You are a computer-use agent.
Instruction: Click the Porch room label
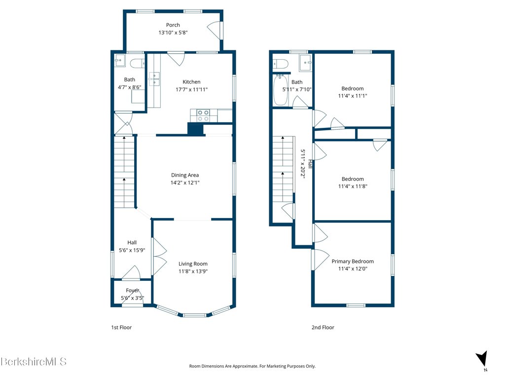point(173,25)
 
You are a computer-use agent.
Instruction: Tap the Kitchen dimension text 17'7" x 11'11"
point(192,89)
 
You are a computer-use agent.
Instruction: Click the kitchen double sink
point(154,79)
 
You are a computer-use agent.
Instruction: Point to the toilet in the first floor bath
point(137,64)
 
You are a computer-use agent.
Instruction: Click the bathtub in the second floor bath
point(281,90)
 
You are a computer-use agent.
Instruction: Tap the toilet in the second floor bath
point(280,64)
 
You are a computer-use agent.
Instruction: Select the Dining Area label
point(185,175)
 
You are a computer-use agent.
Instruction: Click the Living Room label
point(193,264)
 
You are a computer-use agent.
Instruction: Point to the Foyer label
point(132,290)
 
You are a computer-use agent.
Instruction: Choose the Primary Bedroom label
point(353,261)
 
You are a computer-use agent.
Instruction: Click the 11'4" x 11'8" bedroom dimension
point(353,186)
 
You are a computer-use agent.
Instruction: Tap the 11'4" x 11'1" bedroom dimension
point(353,95)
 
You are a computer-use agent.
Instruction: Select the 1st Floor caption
point(121,327)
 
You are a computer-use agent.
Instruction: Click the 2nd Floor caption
point(323,327)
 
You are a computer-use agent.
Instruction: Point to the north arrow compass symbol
point(482,359)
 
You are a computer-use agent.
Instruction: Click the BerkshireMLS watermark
point(34,361)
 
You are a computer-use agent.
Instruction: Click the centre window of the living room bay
point(194,315)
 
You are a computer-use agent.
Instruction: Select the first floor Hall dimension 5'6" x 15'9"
point(132,250)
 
